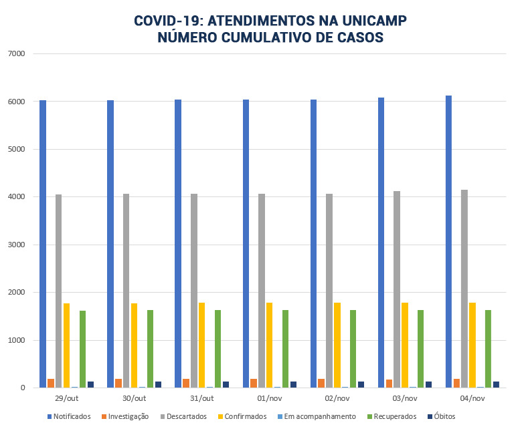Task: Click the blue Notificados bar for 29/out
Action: click(x=43, y=244)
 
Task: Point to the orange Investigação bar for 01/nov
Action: click(x=254, y=383)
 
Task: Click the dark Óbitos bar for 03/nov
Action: click(x=429, y=384)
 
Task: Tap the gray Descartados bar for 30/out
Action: click(x=126, y=291)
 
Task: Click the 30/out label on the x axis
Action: click(x=134, y=398)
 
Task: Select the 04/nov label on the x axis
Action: click(x=472, y=398)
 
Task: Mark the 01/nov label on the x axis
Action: click(x=270, y=398)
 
